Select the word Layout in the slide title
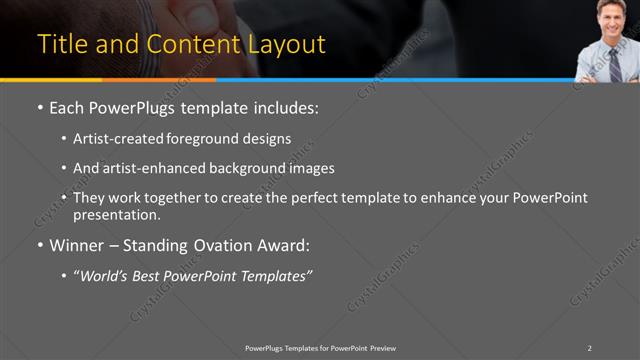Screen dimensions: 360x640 290,45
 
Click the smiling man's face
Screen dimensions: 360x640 608,17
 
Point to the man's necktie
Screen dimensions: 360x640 612,58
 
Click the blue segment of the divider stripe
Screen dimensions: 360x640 400,79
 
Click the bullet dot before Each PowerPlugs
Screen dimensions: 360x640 39,108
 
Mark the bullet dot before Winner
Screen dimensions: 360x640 39,245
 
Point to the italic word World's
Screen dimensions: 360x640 106,275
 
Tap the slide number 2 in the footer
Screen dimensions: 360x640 589,348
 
